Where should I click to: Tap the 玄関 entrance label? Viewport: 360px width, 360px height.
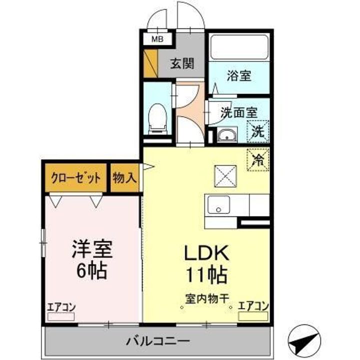(x=181, y=64)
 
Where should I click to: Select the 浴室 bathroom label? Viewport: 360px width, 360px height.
(x=238, y=76)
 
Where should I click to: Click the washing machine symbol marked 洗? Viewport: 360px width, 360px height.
(x=258, y=132)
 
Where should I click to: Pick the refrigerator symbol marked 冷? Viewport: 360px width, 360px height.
(x=258, y=160)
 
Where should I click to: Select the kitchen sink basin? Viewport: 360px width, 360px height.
(x=218, y=204)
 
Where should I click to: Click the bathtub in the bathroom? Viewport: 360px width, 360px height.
(x=238, y=47)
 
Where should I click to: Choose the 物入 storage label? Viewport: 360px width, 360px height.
(x=124, y=178)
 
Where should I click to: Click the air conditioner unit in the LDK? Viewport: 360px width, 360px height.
(x=253, y=316)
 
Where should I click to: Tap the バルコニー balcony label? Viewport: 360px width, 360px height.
(x=157, y=341)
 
